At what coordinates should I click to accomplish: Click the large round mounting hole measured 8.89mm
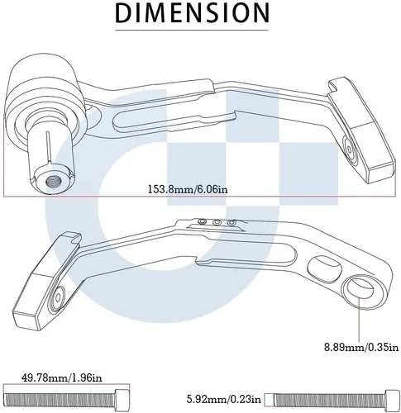(360, 289)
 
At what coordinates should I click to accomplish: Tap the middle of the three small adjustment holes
(217, 222)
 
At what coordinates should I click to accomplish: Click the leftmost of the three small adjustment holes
(203, 221)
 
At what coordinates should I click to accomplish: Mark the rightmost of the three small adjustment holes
(232, 222)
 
